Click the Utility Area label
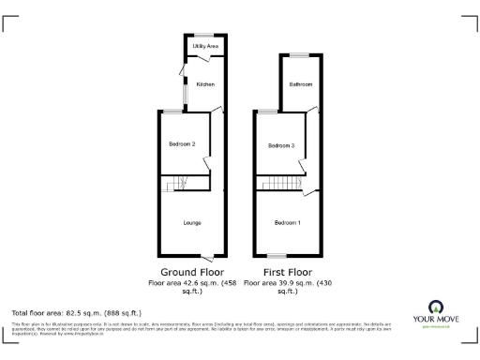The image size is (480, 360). click(x=205, y=45)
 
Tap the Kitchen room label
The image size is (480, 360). click(x=205, y=84)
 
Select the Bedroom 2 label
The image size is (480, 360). click(x=182, y=143)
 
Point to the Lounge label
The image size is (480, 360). click(x=191, y=222)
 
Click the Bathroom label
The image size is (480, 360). click(x=300, y=84)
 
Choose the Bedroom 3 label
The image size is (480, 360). click(x=281, y=145)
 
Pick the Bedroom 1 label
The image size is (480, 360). click(x=288, y=222)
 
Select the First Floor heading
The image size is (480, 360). click(x=287, y=273)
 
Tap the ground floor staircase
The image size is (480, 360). click(x=176, y=185)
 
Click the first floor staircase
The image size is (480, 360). click(x=278, y=183)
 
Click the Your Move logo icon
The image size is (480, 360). click(x=435, y=307)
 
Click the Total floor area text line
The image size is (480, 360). click(x=76, y=311)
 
